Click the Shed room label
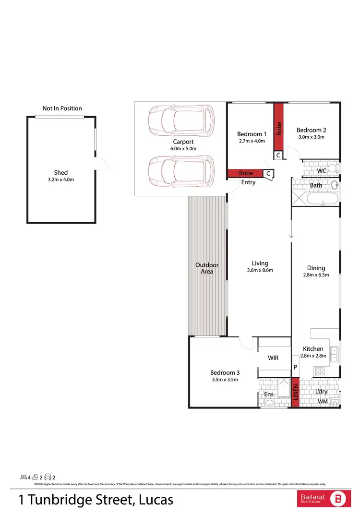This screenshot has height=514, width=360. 61,172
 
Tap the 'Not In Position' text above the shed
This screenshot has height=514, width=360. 62,108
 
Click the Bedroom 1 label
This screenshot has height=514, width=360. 252,134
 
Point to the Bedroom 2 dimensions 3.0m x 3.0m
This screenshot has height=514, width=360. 311,137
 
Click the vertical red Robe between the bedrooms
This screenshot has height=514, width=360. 279,127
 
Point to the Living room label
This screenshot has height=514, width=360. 260,263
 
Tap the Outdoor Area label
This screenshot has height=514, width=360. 207,268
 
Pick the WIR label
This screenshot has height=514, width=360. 273,358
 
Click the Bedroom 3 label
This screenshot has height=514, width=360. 225,372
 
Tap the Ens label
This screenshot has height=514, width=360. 269,394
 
